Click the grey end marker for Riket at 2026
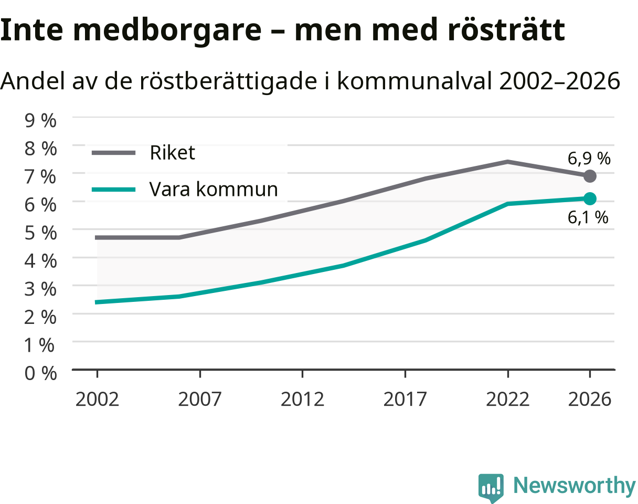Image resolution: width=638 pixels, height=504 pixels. pyautogui.click(x=590, y=176)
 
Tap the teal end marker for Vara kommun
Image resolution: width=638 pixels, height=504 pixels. pyautogui.click(x=590, y=199)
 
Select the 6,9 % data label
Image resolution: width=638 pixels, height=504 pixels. pyautogui.click(x=589, y=159)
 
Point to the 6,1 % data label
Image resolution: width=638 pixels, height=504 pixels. pyautogui.click(x=588, y=218)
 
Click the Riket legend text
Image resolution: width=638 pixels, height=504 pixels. pyautogui.click(x=172, y=153)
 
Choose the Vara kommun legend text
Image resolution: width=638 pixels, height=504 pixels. pyautogui.click(x=214, y=189)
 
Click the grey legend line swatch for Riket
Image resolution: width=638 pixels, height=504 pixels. pyautogui.click(x=113, y=153)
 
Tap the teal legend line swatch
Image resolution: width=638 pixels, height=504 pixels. pyautogui.click(x=113, y=189)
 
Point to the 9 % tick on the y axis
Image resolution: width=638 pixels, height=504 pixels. pyautogui.click(x=40, y=121)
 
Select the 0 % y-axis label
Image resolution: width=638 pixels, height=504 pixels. pyautogui.click(x=40, y=373)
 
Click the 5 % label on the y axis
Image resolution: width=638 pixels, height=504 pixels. pyautogui.click(x=40, y=233)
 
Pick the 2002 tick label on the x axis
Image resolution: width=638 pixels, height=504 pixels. pyautogui.click(x=97, y=400)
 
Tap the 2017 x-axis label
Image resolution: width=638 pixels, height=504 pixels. pyautogui.click(x=405, y=400)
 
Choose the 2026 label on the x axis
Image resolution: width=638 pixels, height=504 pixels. pyautogui.click(x=590, y=400)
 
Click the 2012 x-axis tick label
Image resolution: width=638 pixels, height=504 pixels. pyautogui.click(x=302, y=400)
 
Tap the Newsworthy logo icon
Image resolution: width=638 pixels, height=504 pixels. pyautogui.click(x=491, y=487)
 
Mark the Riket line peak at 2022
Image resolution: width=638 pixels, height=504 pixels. pyautogui.click(x=507, y=162)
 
